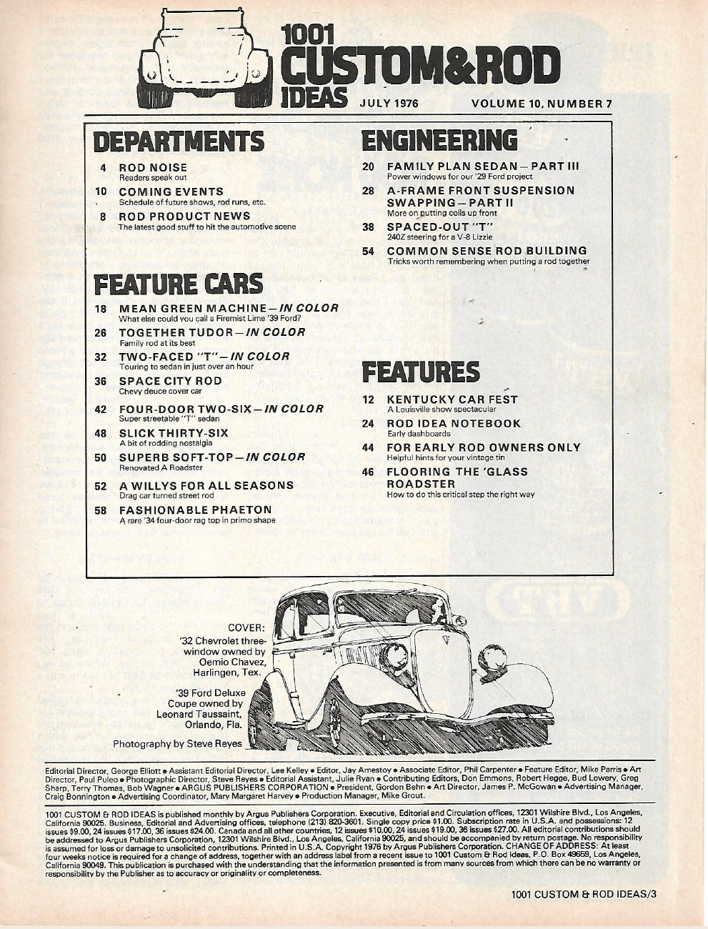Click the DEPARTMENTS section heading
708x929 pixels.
coord(179,141)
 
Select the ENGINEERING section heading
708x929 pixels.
coord(439,139)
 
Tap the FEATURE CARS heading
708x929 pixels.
coord(179,284)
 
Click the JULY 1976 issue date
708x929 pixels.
coord(389,103)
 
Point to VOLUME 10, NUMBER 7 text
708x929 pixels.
coord(542,103)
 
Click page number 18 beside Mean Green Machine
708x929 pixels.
coord(101,309)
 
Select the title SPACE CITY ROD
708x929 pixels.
coord(170,381)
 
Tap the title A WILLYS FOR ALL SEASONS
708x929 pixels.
coord(206,485)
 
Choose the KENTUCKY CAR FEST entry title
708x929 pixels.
coord(452,399)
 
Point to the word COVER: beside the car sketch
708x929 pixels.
coord(246,627)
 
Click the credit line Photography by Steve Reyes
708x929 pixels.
coord(178,743)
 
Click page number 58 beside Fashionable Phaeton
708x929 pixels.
coord(101,510)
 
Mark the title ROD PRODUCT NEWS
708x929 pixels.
coord(184,216)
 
